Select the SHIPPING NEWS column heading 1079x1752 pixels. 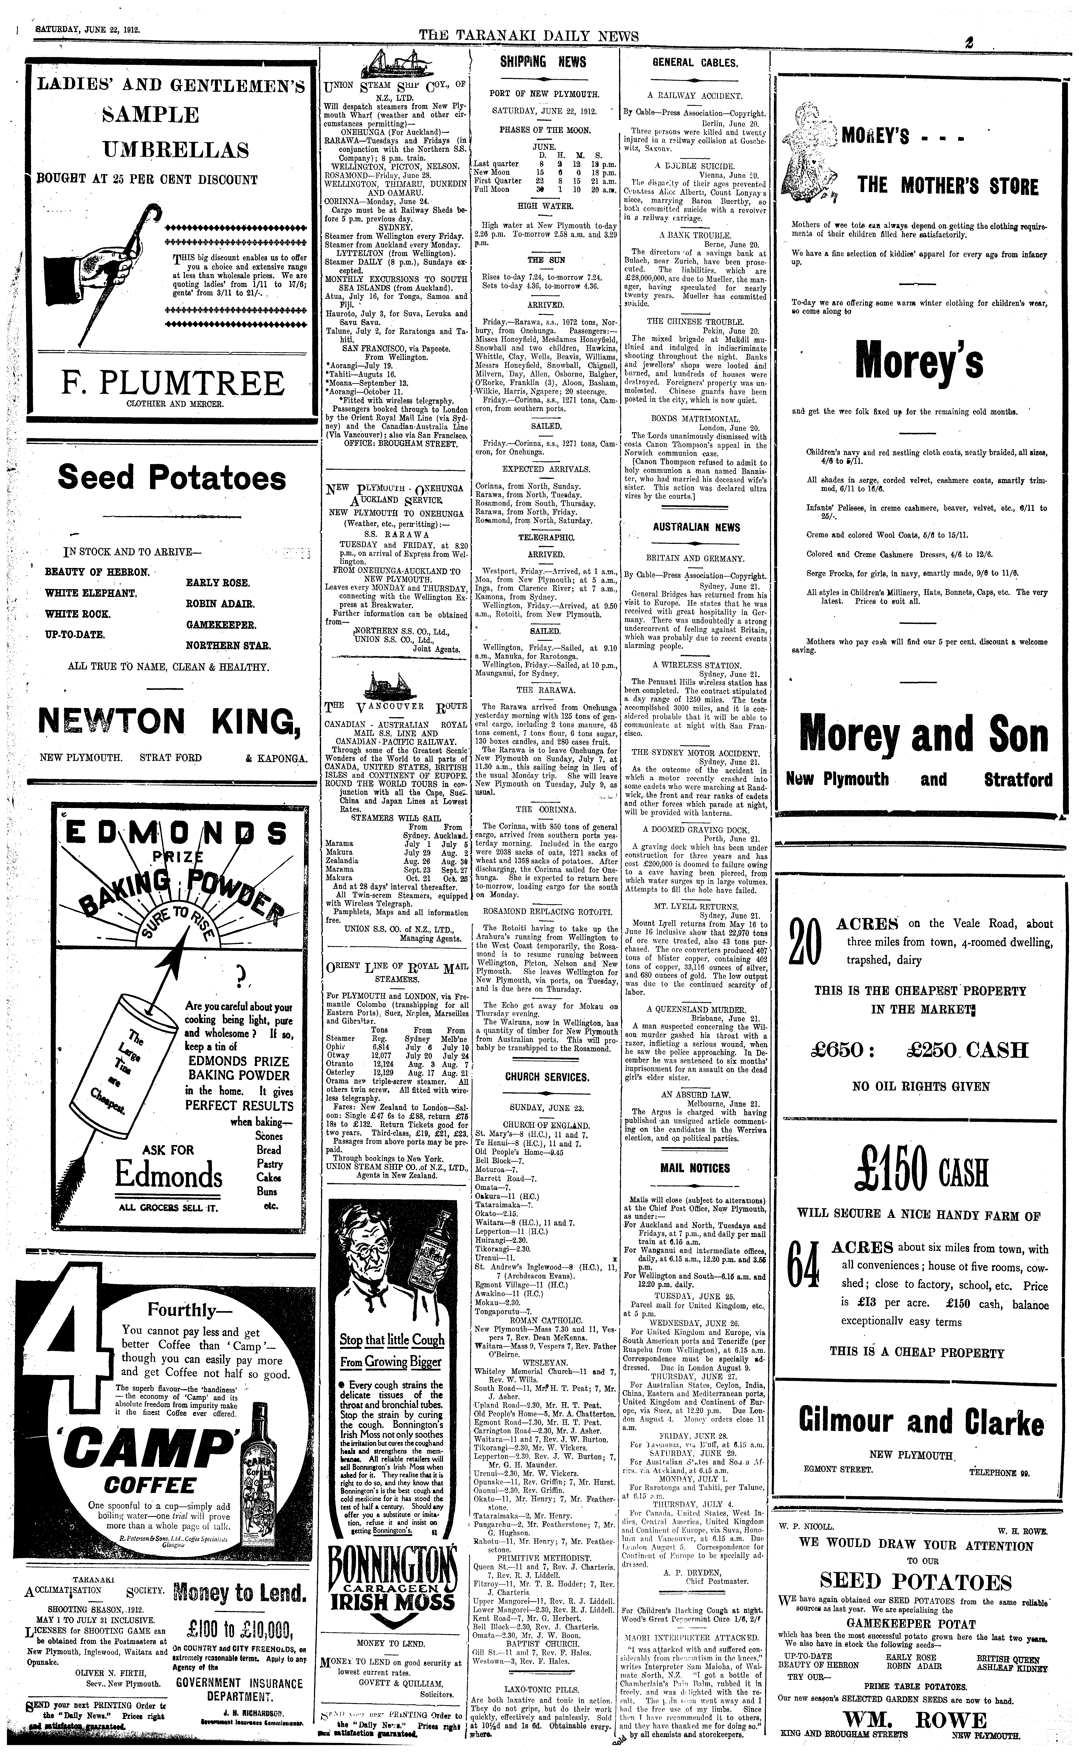tap(543, 62)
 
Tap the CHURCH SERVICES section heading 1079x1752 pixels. tap(547, 1077)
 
